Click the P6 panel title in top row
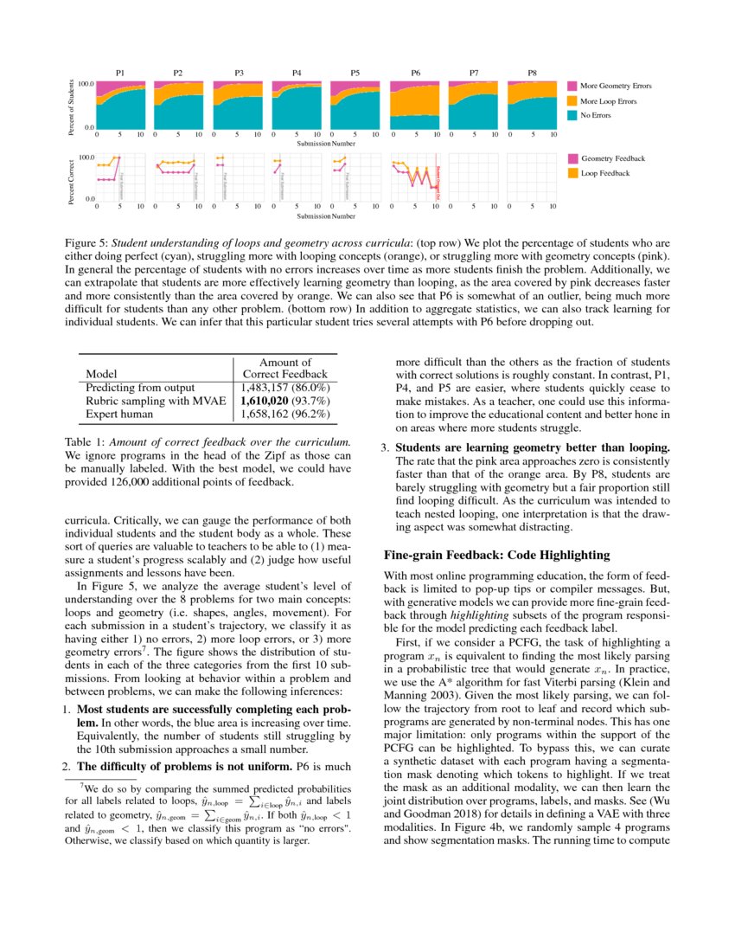point(416,74)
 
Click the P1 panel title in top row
point(121,74)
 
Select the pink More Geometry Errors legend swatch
point(572,87)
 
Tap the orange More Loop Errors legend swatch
point(572,101)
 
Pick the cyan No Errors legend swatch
point(572,115)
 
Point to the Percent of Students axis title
point(71,106)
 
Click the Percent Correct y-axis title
point(71,179)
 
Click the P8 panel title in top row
point(534,74)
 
